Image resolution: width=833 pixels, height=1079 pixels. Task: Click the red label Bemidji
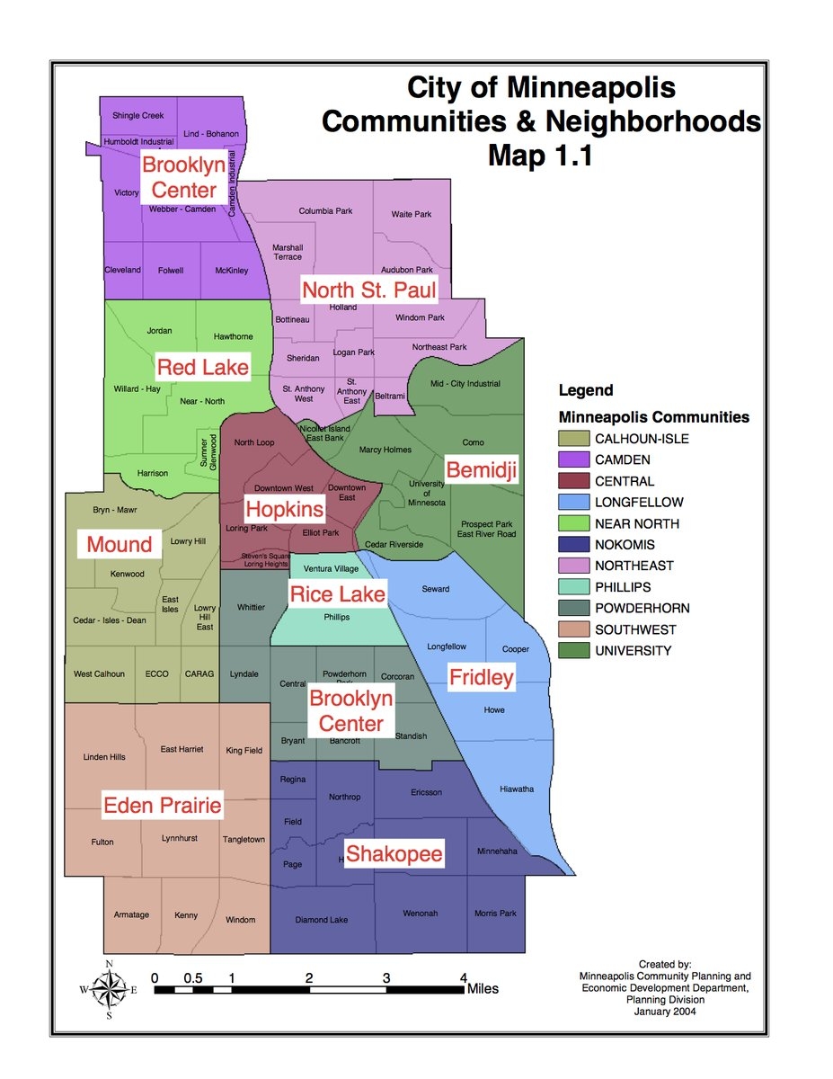(x=483, y=469)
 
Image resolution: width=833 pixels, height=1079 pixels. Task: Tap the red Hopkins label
(x=285, y=509)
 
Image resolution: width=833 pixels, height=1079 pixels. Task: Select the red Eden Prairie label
(x=162, y=805)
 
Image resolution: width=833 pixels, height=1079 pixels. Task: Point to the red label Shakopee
(x=394, y=853)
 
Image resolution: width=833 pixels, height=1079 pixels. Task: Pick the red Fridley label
(x=481, y=677)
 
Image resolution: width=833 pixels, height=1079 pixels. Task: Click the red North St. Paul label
(x=368, y=290)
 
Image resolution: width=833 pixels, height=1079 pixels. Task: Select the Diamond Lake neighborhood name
(x=322, y=920)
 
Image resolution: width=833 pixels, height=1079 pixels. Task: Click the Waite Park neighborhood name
(x=412, y=214)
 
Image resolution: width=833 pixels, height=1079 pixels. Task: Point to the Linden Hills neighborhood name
(x=104, y=757)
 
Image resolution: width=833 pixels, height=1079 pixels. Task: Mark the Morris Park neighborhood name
(x=496, y=914)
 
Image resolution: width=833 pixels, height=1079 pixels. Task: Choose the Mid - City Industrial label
(x=465, y=384)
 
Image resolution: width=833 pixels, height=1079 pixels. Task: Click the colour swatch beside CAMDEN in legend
(x=572, y=460)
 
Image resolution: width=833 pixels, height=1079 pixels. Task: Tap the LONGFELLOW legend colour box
(x=572, y=503)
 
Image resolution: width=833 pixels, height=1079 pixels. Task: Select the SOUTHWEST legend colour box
(x=572, y=629)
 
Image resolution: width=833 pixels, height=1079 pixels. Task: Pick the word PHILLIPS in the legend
(x=623, y=587)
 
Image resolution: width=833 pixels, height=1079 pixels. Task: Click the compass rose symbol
(x=109, y=990)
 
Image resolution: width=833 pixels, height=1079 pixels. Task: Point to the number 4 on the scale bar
(x=464, y=977)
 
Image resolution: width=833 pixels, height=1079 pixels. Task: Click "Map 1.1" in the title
(x=540, y=155)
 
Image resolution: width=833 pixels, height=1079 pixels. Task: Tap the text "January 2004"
(x=665, y=1011)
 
